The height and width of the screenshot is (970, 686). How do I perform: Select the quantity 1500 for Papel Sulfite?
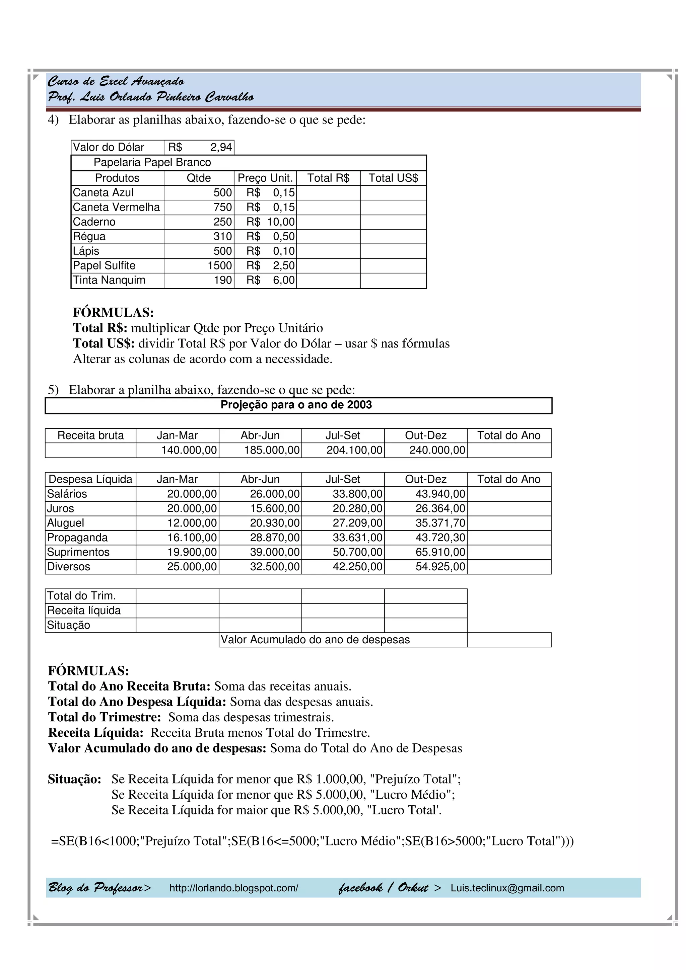point(219,265)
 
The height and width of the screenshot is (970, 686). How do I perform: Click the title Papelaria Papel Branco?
point(152,162)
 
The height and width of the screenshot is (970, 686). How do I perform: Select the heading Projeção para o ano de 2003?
point(296,405)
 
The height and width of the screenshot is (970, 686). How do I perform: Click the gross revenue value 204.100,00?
point(354,450)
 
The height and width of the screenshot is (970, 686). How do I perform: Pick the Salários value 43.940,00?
point(440,494)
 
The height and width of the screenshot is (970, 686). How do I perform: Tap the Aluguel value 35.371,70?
point(440,523)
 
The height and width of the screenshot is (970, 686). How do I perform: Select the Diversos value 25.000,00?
point(192,567)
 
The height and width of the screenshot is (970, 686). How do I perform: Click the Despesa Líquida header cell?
point(90,479)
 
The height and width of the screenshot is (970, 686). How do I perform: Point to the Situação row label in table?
point(68,625)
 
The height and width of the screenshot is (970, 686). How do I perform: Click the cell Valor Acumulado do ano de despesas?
point(315,640)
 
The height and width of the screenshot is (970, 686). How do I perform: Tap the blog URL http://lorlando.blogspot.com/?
point(234,888)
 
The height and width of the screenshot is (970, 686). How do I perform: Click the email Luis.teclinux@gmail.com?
point(507,888)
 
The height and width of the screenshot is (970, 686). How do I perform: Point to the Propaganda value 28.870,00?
point(274,538)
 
